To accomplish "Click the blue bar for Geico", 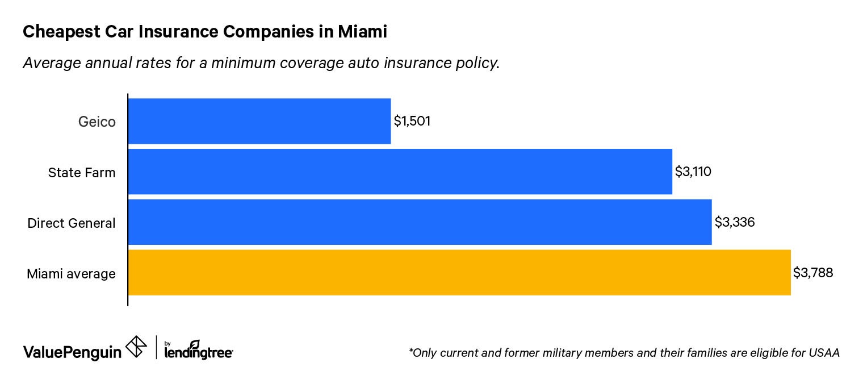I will tap(259, 121).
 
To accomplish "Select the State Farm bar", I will tap(400, 172).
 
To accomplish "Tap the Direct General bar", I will tap(420, 222).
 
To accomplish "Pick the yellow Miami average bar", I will tap(459, 273).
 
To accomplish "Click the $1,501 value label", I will tap(412, 122).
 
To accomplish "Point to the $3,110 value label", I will tap(693, 172).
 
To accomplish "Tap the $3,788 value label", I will tap(813, 273).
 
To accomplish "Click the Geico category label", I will tap(97, 122).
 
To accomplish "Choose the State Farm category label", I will tap(82, 172).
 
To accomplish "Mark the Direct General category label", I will tap(72, 223).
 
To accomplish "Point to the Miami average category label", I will tap(71, 274).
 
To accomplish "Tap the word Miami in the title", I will tap(362, 32).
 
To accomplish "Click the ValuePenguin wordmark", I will tap(72, 352).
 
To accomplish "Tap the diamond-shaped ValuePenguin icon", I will tap(136, 347).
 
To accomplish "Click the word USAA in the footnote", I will tap(826, 353).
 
